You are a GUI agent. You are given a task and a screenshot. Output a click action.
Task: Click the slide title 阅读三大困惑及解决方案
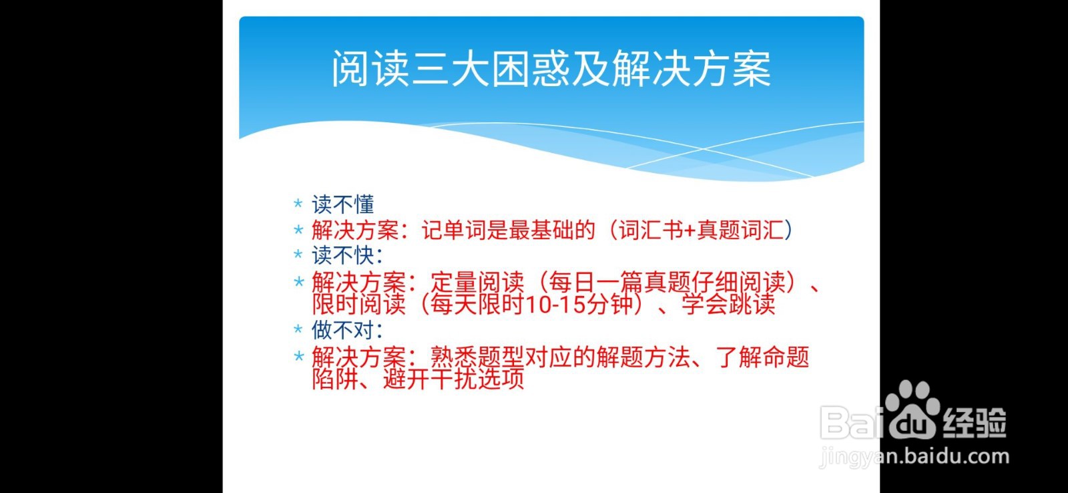pos(551,69)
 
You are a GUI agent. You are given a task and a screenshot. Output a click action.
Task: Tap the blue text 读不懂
pos(342,204)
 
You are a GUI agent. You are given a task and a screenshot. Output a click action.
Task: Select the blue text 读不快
pos(342,255)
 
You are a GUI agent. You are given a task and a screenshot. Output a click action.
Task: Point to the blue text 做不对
pos(342,330)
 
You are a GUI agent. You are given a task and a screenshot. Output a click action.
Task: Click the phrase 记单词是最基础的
pos(508,230)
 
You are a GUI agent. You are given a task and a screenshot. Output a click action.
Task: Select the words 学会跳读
pos(728,305)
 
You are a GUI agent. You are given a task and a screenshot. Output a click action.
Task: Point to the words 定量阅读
pos(478,283)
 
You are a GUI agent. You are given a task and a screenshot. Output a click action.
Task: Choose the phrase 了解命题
pos(762,357)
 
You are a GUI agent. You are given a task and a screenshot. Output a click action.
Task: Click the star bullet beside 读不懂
pos(298,204)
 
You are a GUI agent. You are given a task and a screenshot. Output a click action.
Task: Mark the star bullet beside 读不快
pos(298,255)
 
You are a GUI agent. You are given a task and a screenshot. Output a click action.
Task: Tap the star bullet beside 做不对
pos(298,329)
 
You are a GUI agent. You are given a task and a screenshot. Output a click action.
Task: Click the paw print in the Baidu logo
pos(912,409)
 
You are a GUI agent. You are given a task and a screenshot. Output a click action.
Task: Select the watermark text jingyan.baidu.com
pos(914,458)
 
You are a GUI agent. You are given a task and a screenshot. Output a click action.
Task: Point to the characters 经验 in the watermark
pos(974,422)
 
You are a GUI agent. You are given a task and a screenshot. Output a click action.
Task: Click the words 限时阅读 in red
pos(358,305)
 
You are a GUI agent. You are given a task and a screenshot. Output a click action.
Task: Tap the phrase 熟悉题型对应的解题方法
pos(560,357)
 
